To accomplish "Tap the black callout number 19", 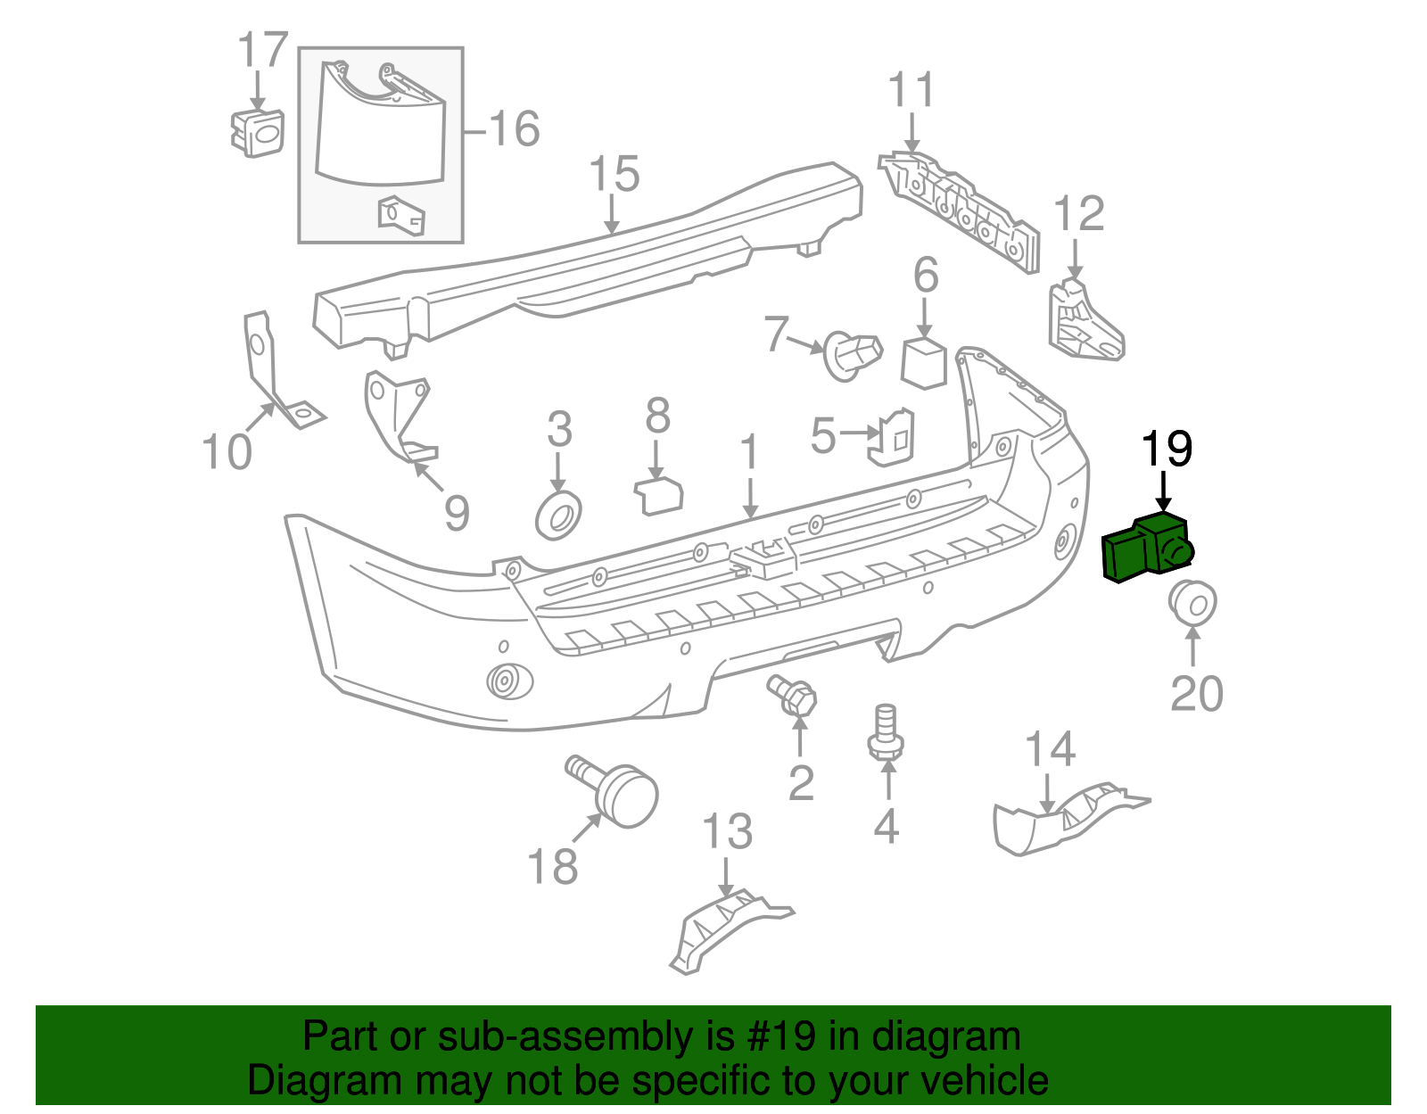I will click(x=1167, y=450).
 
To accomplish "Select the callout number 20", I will click(x=1196, y=693).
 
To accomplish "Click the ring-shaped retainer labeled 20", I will click(x=1192, y=603).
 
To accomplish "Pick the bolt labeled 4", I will click(x=885, y=734).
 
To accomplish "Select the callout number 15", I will click(x=615, y=173).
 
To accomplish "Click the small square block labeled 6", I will click(x=924, y=362).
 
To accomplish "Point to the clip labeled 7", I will click(x=851, y=353).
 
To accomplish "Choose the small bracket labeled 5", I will click(x=891, y=438).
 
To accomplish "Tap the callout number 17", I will click(x=263, y=51).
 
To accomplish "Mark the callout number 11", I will click(x=911, y=91).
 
